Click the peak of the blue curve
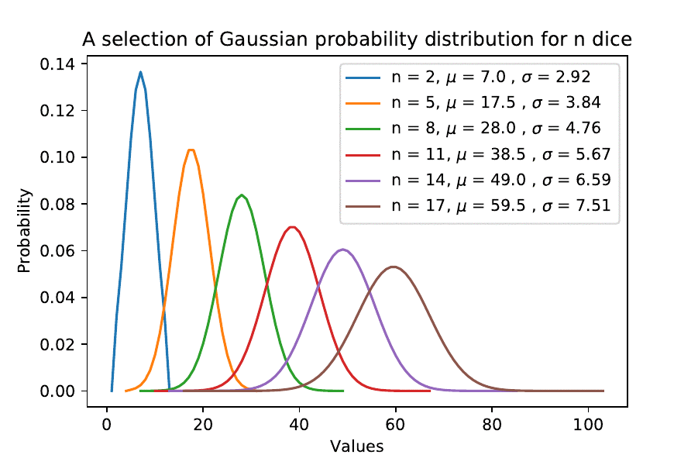tap(141, 72)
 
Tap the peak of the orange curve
tap(191, 150)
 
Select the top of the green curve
tap(242, 195)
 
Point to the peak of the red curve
tap(292, 227)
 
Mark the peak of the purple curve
tap(342, 250)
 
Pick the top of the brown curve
tap(394, 267)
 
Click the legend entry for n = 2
tap(468, 77)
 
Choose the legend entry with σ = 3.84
tap(473, 103)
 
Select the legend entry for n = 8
tap(473, 129)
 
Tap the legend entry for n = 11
tap(478, 154)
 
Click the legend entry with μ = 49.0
tap(478, 181)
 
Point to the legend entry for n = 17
tap(478, 206)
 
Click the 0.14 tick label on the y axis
tap(57, 64)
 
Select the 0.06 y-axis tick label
tap(57, 251)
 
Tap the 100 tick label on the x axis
tap(588, 425)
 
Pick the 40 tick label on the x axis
tap(299, 425)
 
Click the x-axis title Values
tap(356, 446)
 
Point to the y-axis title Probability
tap(24, 231)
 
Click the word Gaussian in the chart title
tap(263, 40)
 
